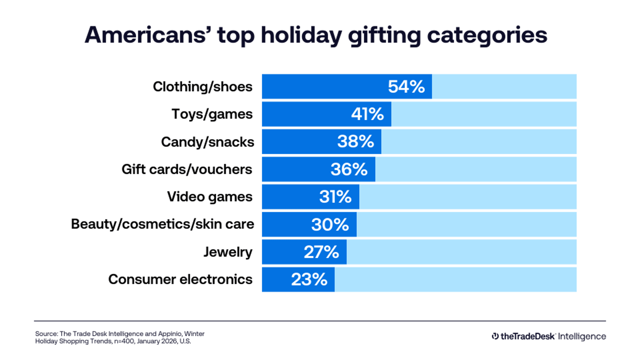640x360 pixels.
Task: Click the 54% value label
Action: (x=406, y=87)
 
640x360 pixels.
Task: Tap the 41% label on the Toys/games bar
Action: (x=367, y=114)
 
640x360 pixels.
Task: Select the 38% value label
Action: (x=355, y=142)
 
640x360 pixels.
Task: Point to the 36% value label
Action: (x=349, y=170)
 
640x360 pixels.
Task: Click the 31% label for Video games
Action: (x=335, y=197)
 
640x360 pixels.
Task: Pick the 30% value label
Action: (x=330, y=225)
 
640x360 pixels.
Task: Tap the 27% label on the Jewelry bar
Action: (x=321, y=252)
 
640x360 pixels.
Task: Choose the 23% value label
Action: (x=309, y=280)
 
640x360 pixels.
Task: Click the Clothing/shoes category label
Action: (x=203, y=87)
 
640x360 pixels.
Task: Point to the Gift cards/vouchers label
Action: (x=187, y=170)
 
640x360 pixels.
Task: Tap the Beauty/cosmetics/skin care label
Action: (x=162, y=224)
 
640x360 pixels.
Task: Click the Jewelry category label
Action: (x=228, y=252)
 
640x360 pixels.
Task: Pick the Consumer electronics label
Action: (x=180, y=280)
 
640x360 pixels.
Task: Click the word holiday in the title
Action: (x=301, y=35)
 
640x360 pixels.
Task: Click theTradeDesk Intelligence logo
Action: (x=549, y=336)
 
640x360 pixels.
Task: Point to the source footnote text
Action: (x=120, y=337)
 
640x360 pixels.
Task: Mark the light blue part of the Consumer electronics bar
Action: (x=456, y=280)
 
